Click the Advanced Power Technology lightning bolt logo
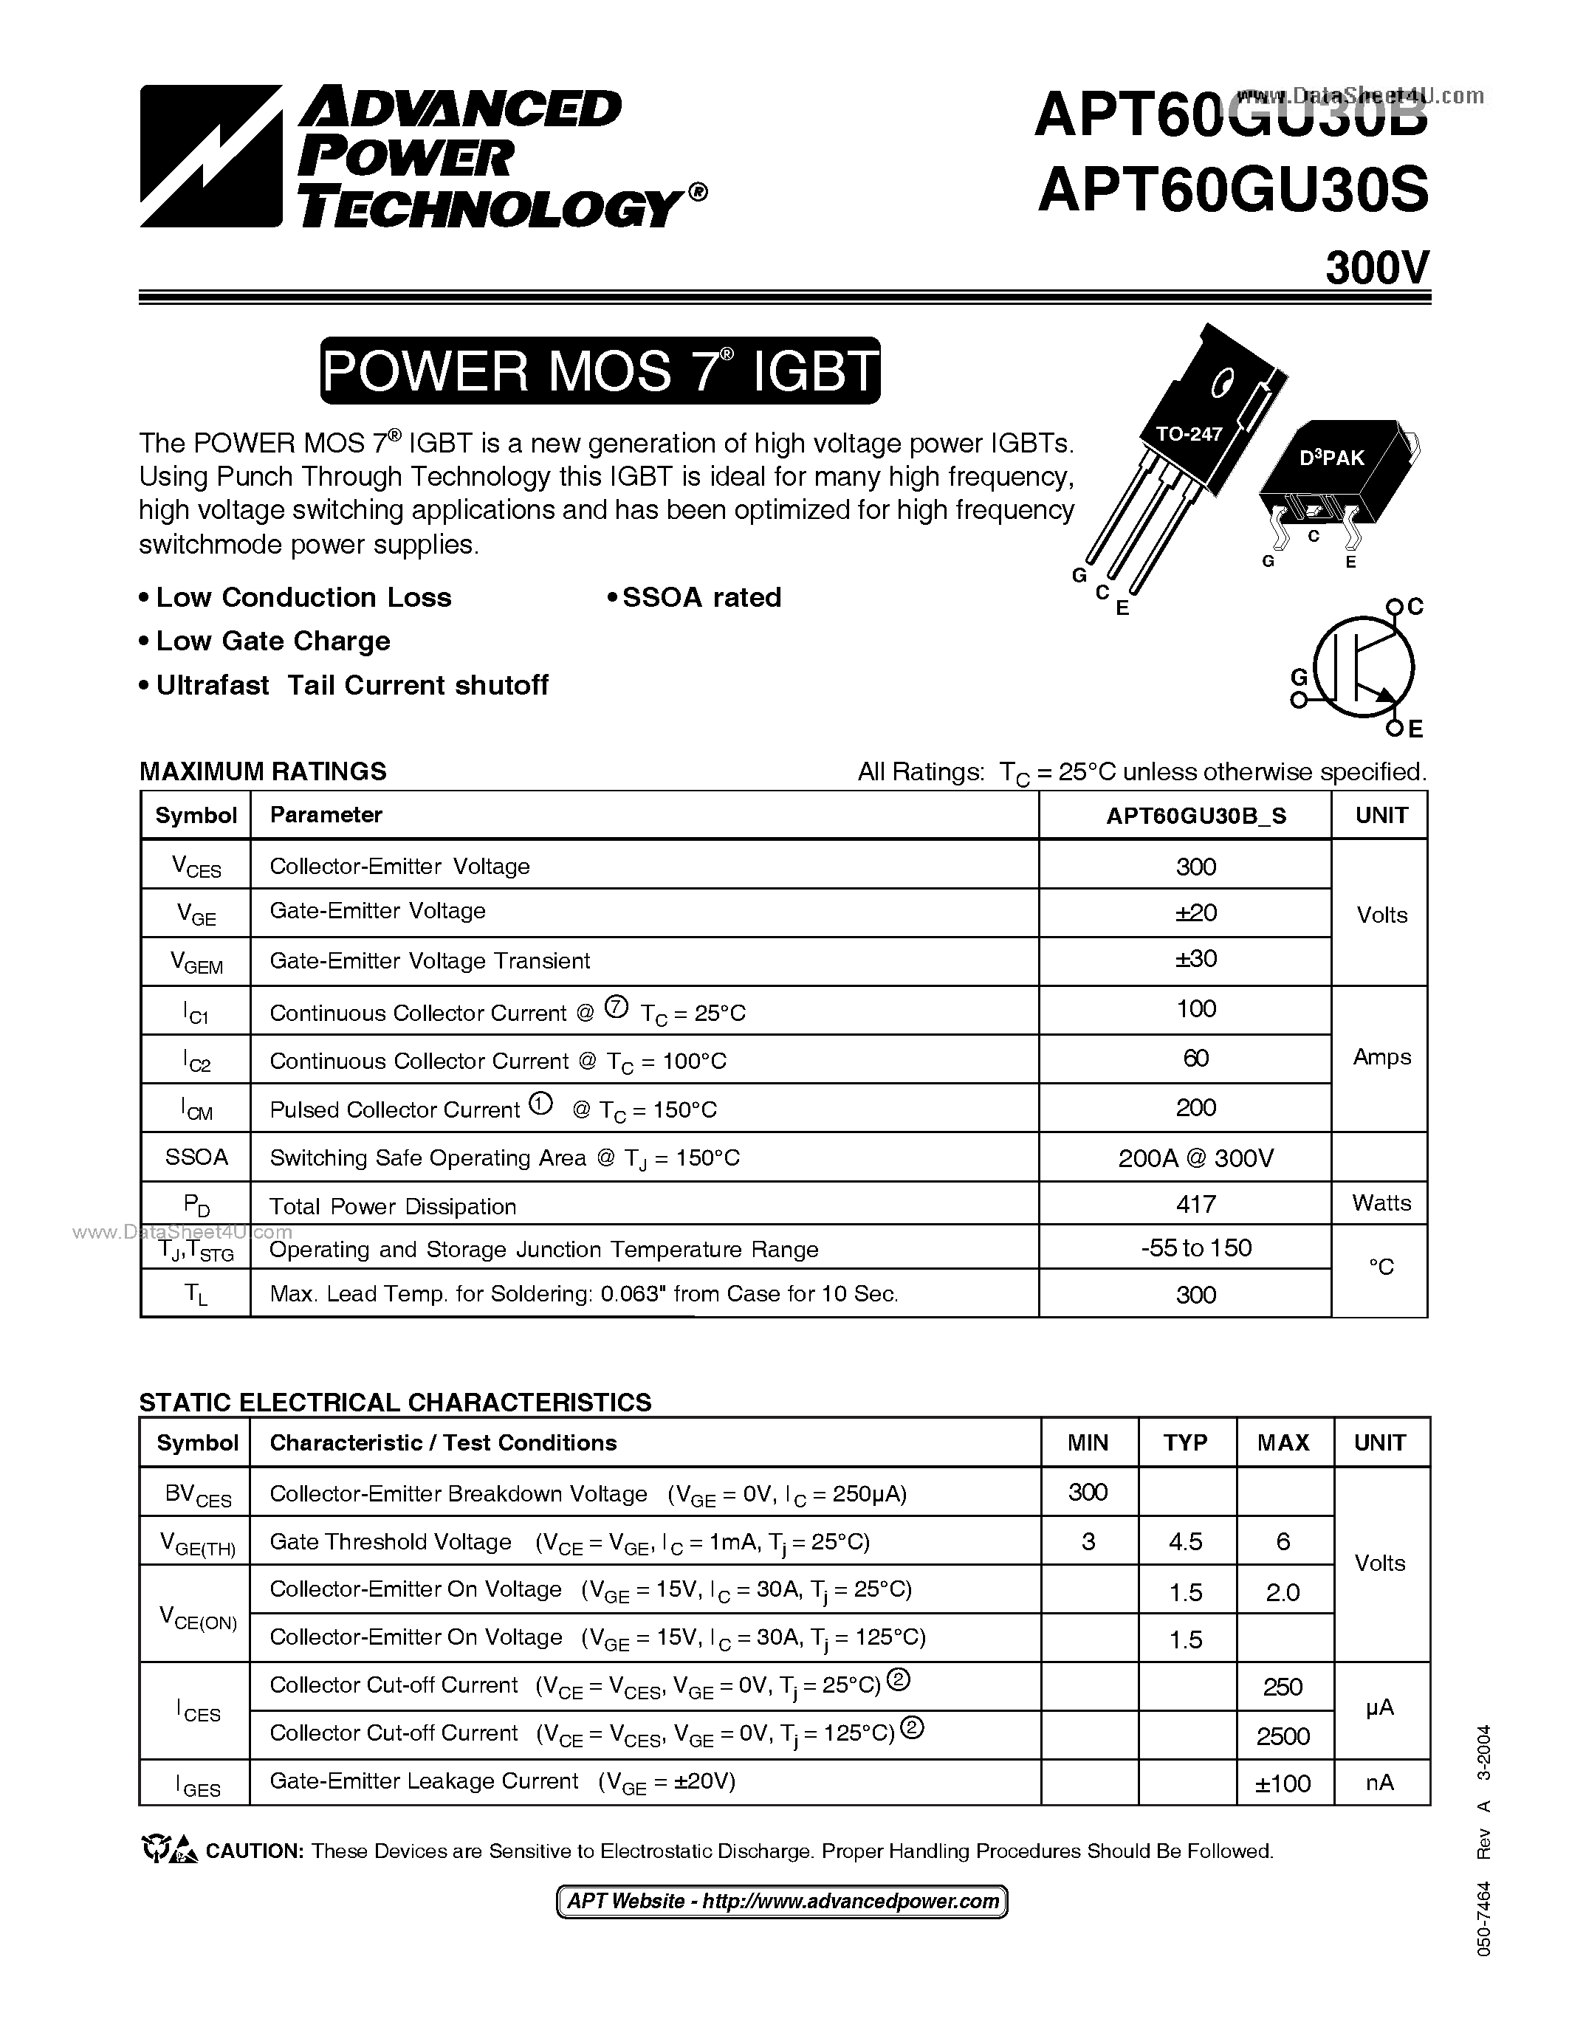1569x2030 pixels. [x=210, y=156]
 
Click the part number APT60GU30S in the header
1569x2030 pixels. [x=1232, y=193]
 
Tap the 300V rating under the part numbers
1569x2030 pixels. [x=1376, y=268]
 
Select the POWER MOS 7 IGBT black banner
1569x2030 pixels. [x=600, y=371]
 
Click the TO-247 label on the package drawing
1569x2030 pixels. [x=1188, y=433]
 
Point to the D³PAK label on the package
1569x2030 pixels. [x=1331, y=458]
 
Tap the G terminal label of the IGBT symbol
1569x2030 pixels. [x=1300, y=675]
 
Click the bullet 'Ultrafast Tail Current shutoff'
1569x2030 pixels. [x=351, y=685]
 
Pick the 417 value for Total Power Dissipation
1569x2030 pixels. [x=1195, y=1205]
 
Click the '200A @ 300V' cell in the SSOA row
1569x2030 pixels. [x=1195, y=1157]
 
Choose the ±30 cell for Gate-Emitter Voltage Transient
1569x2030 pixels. [x=1195, y=958]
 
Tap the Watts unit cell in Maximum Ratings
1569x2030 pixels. [x=1381, y=1202]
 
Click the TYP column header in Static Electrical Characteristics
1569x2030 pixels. [x=1185, y=1442]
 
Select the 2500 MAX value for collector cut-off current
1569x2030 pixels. [x=1283, y=1736]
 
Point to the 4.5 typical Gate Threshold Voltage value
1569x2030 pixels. [x=1185, y=1542]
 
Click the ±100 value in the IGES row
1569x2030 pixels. [x=1283, y=1783]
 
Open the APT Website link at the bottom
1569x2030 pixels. [x=783, y=1902]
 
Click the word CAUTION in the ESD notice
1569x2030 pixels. [x=254, y=1851]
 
